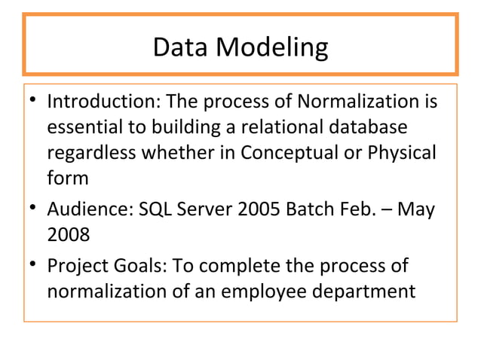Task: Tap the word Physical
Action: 402,152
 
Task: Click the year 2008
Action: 69,235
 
